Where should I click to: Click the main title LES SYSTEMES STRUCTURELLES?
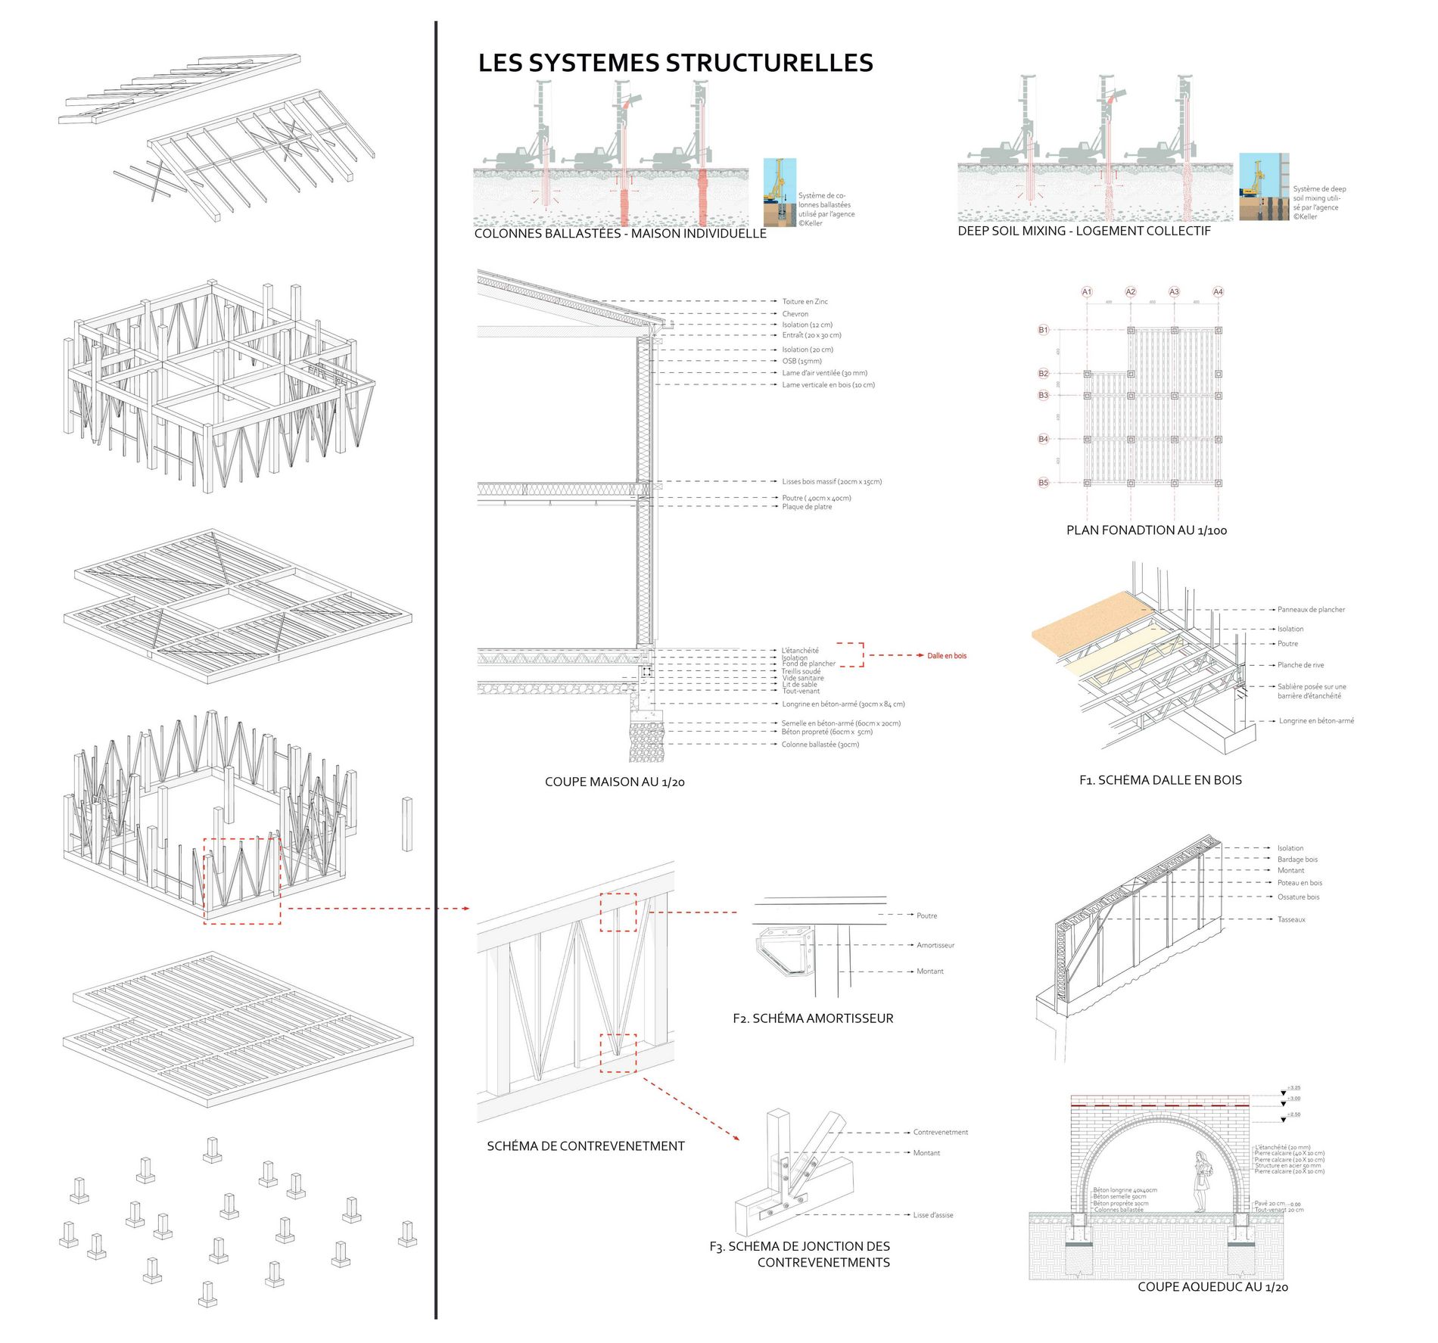coord(675,63)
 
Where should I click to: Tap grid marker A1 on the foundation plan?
coord(1087,292)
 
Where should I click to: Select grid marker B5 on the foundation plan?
coord(1043,483)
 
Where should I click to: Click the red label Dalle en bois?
coord(947,656)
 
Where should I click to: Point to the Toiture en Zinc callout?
coord(805,302)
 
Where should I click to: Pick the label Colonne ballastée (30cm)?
coord(820,745)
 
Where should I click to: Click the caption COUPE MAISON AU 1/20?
coord(615,782)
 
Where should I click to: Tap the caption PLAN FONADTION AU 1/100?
coord(1146,530)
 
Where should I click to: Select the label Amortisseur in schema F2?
coord(935,946)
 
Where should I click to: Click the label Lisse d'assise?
coord(933,1215)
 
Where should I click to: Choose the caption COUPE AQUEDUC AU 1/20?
coord(1212,1287)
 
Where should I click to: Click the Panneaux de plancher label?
coord(1311,610)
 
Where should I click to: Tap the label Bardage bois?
coord(1297,860)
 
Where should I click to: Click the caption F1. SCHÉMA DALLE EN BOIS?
coord(1160,780)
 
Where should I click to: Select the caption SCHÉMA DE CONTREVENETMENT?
coord(585,1146)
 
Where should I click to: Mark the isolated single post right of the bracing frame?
coord(407,824)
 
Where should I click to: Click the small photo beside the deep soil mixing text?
coord(1264,187)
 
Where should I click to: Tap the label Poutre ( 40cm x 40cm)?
coord(817,499)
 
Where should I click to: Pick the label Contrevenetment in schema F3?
coord(940,1133)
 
